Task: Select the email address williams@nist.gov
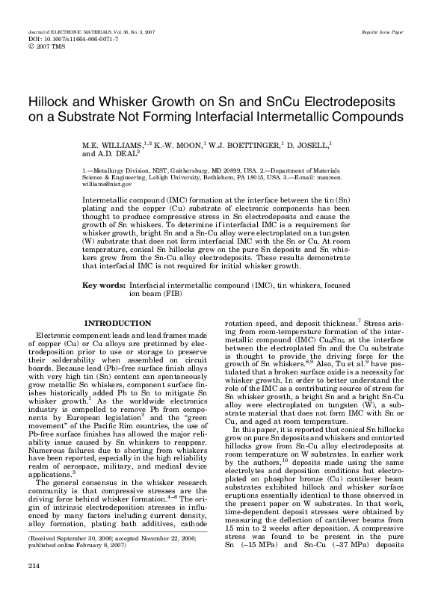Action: (x=107, y=183)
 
